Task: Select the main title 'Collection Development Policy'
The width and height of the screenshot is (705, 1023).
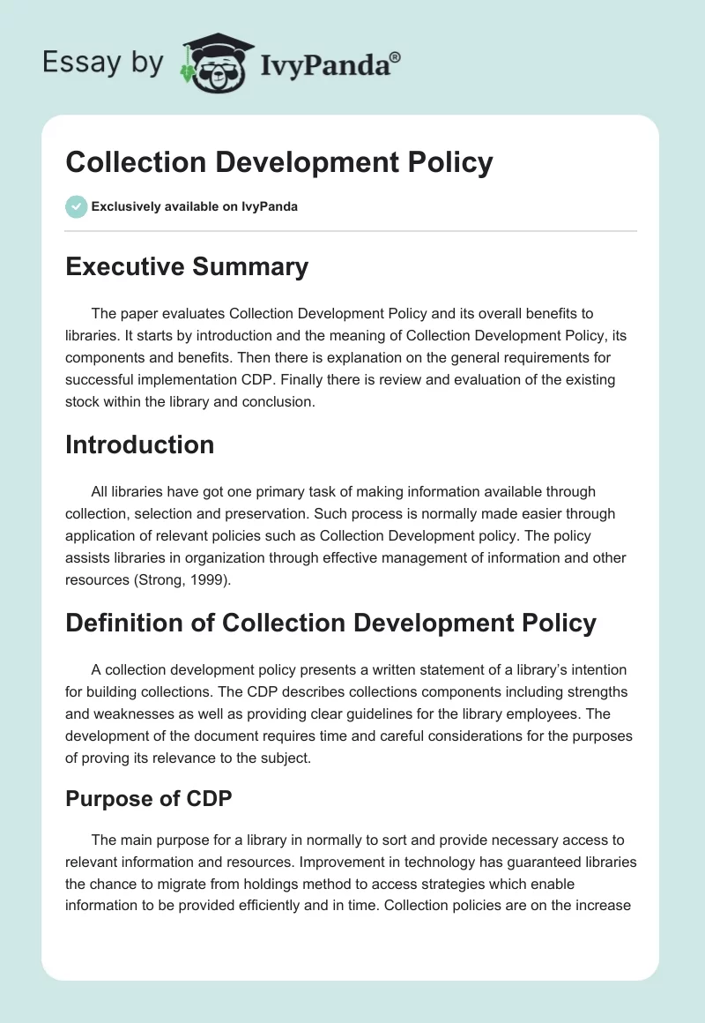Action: point(279,163)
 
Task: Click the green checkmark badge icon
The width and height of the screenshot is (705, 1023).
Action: point(76,206)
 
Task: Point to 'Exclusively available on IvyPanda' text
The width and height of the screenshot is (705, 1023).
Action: point(194,207)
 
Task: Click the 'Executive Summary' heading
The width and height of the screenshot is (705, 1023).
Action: point(187,266)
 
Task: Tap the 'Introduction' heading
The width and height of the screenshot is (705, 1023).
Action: point(139,444)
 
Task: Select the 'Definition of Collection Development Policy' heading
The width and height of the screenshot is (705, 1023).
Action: point(330,623)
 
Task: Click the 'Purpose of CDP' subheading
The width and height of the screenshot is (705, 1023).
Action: point(147,800)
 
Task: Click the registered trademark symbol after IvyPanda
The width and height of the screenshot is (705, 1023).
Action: point(396,56)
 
